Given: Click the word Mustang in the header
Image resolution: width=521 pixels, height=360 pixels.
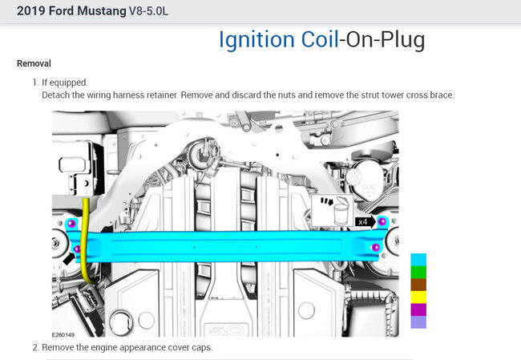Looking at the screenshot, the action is coord(102,11).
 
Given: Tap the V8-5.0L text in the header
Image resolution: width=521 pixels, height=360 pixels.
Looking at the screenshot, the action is coord(148,11).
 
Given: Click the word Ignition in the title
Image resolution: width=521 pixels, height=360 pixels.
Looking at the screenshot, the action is coord(256,40).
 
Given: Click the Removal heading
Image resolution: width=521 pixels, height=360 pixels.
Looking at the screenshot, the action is coord(34,63).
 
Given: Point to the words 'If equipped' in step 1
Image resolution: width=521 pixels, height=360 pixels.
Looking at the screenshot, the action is coord(64,83).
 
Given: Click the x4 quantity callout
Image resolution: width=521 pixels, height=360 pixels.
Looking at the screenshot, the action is coord(363,221).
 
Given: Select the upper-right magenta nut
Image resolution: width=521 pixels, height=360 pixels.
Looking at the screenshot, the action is coord(382,220).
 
